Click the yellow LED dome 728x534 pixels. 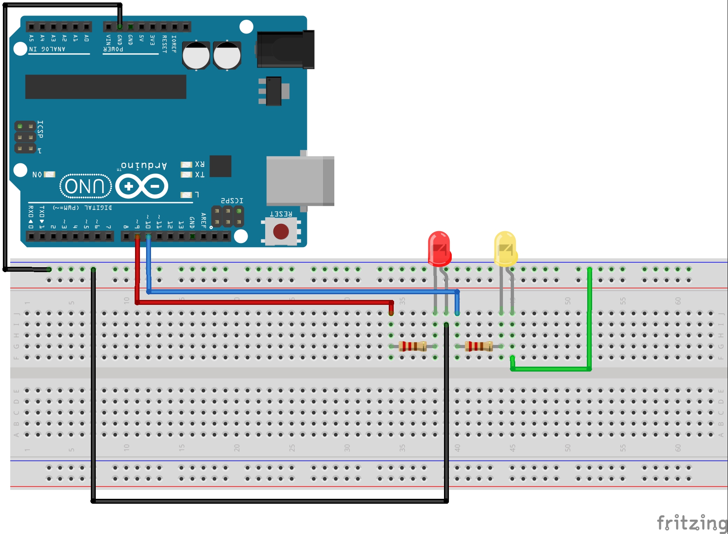[x=505, y=248]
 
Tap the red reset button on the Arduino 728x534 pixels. [x=281, y=232]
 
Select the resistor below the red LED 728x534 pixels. [x=412, y=347]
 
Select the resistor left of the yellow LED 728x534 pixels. [x=479, y=347]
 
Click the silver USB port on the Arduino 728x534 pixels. [x=300, y=181]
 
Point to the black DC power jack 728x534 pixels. [x=286, y=50]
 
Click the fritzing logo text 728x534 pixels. [x=692, y=523]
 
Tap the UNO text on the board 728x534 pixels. [x=86, y=186]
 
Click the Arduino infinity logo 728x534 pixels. [x=142, y=187]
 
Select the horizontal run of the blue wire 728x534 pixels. [x=303, y=292]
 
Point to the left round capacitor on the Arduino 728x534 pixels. [x=196, y=56]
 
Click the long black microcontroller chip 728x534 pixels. [x=106, y=87]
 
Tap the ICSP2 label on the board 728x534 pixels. [x=232, y=201]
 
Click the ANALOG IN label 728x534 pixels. [x=47, y=49]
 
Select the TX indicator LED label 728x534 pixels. [x=200, y=175]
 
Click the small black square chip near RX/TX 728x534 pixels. [x=220, y=166]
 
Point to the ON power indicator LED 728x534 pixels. [x=50, y=174]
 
